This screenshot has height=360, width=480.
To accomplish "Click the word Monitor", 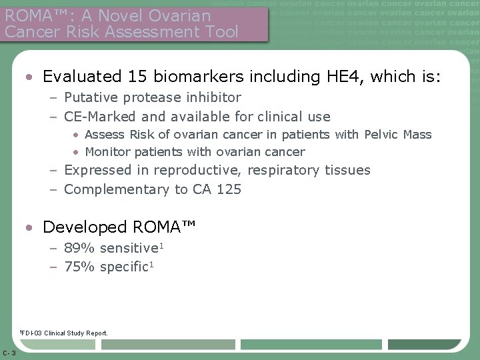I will click(109, 151).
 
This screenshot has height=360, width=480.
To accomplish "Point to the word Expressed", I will click(99, 170).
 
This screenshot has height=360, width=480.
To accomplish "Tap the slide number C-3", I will click(9, 353).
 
